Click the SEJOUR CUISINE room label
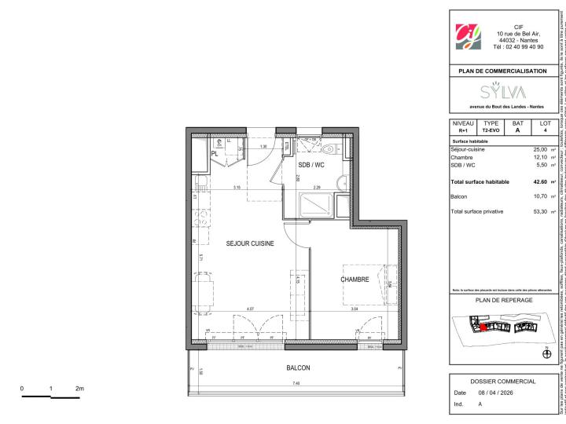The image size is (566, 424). (250, 244)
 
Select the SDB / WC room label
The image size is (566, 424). (289, 165)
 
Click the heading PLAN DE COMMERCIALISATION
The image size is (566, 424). (502, 71)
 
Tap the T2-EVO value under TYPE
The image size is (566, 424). (491, 131)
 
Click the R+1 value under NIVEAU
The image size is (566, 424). (462, 131)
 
